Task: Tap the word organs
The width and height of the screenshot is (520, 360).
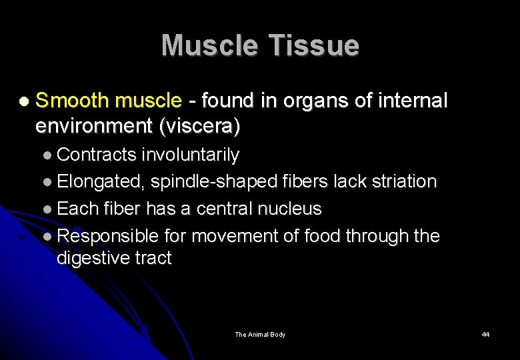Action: point(306,101)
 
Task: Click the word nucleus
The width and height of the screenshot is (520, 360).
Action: point(286,209)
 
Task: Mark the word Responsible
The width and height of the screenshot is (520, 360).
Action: point(108,236)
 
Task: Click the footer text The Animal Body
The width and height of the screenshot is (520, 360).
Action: point(260,335)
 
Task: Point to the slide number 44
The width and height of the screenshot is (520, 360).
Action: point(485,335)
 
